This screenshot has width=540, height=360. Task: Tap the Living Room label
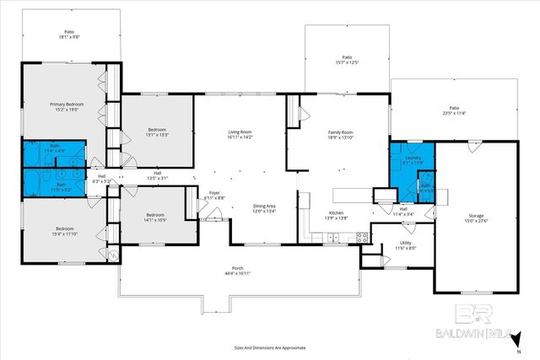point(242,132)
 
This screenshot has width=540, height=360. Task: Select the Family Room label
point(340,132)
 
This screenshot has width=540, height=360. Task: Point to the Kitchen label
point(336,212)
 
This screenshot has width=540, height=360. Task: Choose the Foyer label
point(214,193)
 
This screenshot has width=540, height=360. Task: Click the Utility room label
point(406,244)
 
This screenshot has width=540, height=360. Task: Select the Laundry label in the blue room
point(413,158)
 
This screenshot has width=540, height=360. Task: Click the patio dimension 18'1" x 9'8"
point(69,37)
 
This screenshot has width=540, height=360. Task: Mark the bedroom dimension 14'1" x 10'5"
point(154,220)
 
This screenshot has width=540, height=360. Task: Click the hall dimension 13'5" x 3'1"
point(158,178)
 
